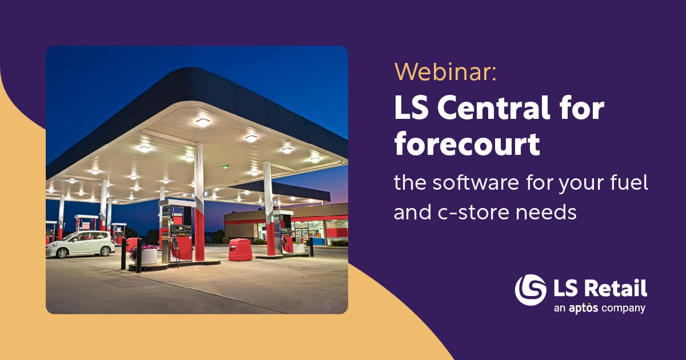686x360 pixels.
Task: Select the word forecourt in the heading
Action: point(466,144)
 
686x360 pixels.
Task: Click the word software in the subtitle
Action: point(476,183)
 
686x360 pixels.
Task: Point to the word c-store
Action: point(474,212)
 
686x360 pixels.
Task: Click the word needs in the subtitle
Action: point(546,213)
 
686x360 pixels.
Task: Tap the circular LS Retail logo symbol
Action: point(531,290)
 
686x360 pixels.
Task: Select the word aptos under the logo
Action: point(584,308)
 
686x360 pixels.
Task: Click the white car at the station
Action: point(80,244)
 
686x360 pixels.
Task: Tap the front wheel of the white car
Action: point(63,253)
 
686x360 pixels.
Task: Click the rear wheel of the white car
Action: point(105,251)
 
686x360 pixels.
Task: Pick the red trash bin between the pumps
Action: point(241,250)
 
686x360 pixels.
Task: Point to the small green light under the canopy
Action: point(225,167)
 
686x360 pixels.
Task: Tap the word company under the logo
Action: point(623,308)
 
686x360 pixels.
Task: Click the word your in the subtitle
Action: point(576,185)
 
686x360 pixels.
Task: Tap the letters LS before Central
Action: point(411,108)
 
